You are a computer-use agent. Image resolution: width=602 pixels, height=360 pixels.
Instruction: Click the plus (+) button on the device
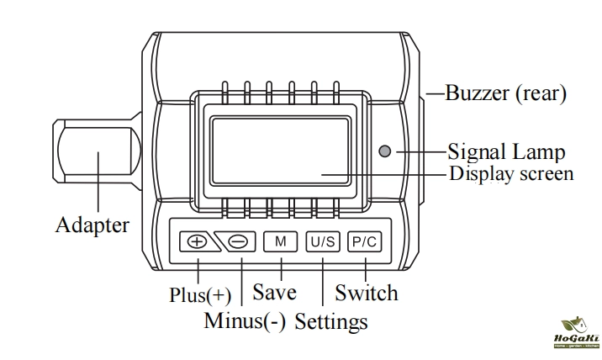pos(198,241)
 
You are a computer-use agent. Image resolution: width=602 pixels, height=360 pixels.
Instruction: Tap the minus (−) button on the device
pos(236,241)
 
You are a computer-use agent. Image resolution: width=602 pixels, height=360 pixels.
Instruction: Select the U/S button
pos(323,241)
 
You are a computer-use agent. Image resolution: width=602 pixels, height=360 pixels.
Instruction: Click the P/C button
pos(365,241)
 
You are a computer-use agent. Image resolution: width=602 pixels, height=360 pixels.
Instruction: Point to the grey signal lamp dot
pos(385,151)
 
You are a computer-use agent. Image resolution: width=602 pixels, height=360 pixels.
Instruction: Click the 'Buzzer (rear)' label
pos(505,93)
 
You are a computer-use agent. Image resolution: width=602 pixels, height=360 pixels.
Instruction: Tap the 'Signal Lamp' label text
pos(506,151)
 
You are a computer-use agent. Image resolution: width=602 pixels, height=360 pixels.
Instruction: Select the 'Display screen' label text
pos(511,173)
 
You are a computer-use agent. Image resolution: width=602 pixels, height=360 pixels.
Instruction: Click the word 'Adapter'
pos(92,225)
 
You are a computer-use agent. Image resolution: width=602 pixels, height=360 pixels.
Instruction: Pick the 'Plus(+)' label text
pos(200,295)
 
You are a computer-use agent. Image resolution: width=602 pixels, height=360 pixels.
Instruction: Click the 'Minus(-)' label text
pos(245,320)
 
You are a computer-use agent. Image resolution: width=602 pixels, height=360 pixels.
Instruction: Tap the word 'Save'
pos(274,292)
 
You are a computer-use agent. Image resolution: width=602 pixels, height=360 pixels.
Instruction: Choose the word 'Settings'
pos(331,321)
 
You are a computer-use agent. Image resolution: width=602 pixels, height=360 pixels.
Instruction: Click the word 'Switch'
pos(367,293)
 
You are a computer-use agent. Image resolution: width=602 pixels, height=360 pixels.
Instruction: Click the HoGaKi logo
pos(577,332)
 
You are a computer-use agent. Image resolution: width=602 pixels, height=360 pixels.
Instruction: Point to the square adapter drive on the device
pos(98,151)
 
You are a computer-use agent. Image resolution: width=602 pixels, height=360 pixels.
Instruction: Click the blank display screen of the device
pos(280,151)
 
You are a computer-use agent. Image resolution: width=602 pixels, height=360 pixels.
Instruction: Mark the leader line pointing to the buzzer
pos(436,93)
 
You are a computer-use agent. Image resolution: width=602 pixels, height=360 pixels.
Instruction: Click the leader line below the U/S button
pos(323,282)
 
